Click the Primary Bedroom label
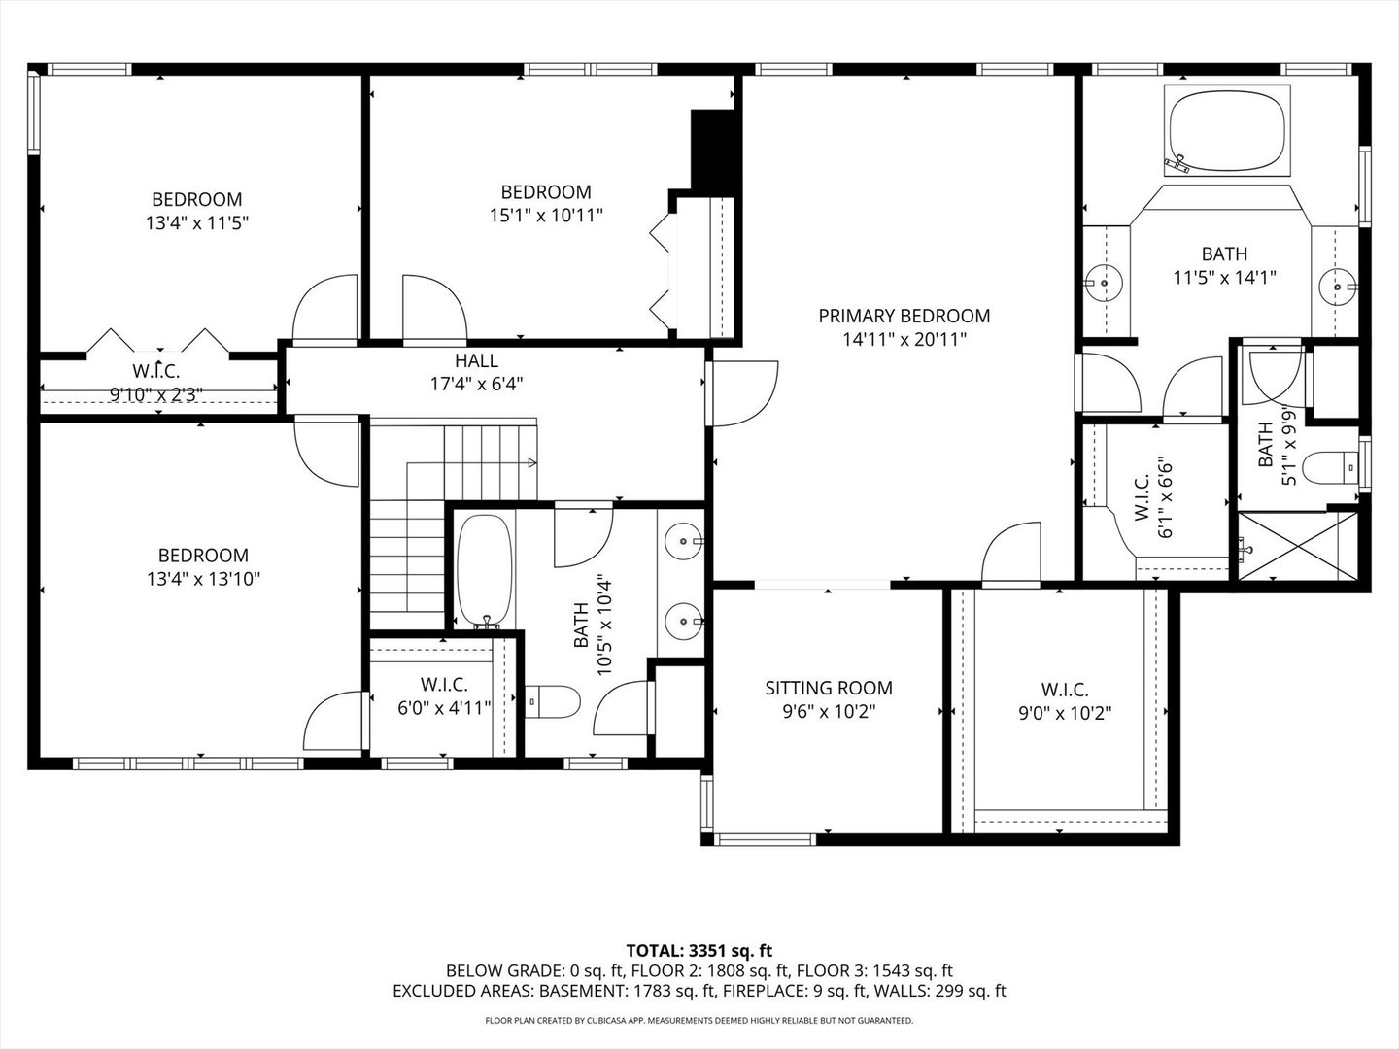[904, 316]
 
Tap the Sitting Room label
[828, 688]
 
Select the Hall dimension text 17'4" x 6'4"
[476, 384]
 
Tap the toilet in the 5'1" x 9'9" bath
[1331, 469]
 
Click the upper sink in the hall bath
[684, 539]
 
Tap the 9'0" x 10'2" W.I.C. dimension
[1064, 712]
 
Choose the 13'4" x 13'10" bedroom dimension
[203, 579]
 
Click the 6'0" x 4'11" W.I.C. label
[445, 684]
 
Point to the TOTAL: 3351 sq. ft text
[699, 950]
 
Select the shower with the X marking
[1295, 547]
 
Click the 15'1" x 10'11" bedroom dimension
[546, 215]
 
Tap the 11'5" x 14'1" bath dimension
[1224, 277]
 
